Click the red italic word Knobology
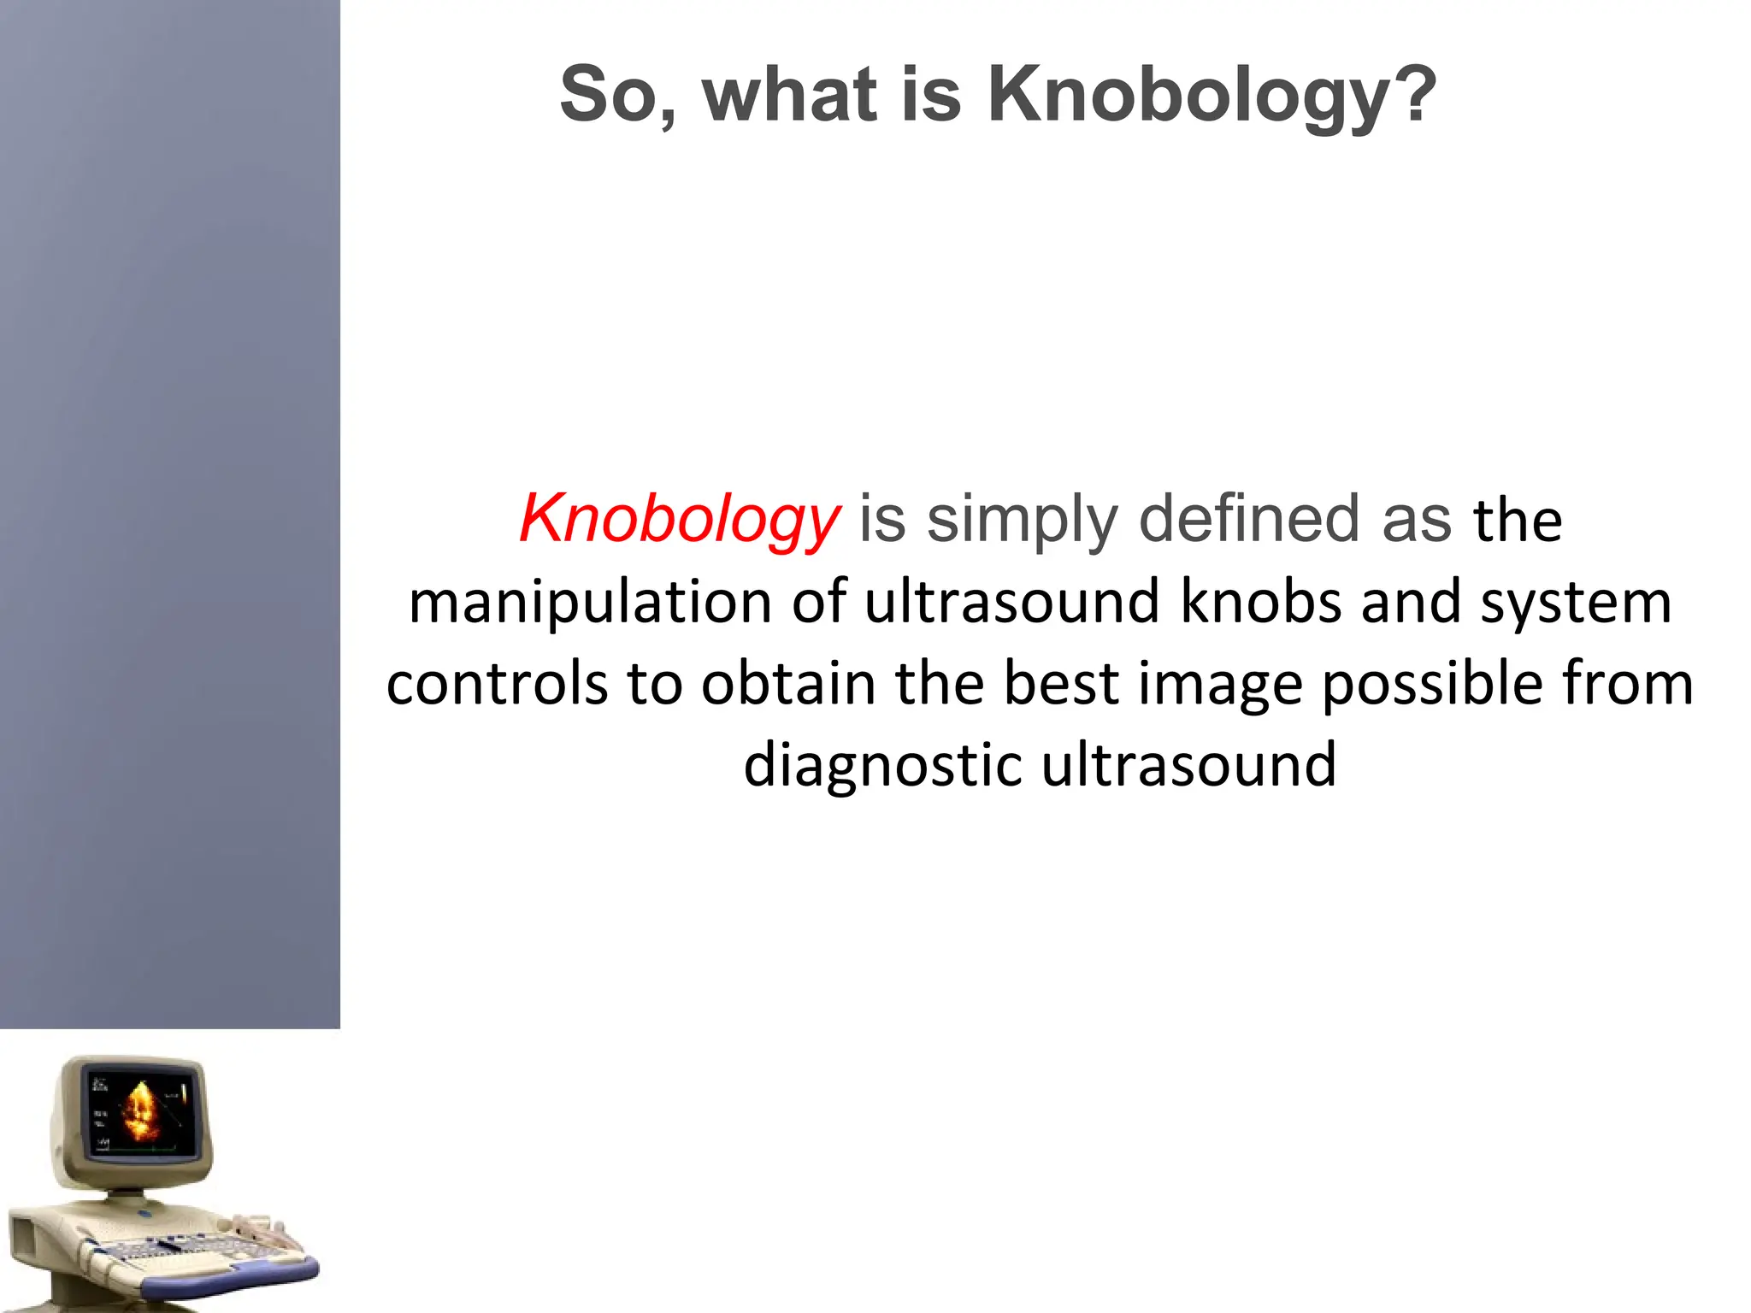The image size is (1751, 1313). [x=680, y=520]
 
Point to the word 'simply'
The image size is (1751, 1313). [x=1022, y=520]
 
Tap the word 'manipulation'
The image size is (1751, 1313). [x=591, y=602]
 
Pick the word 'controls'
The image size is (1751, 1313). [x=497, y=683]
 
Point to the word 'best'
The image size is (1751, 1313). [x=1060, y=683]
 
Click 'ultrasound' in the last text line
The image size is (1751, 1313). [x=1188, y=764]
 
